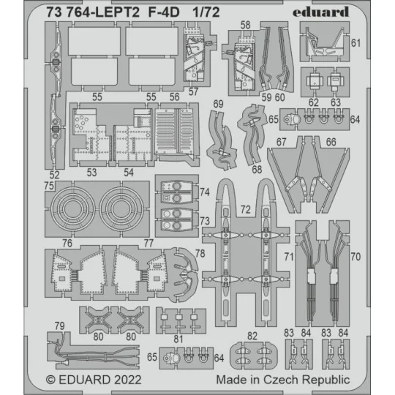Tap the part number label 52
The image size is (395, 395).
pyautogui.click(x=54, y=174)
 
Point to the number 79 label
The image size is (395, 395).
pyautogui.click(x=59, y=325)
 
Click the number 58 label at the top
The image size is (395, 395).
pyautogui.click(x=245, y=25)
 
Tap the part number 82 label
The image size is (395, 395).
pyautogui.click(x=252, y=335)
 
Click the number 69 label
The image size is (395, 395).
pyautogui.click(x=218, y=105)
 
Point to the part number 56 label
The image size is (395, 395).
pyautogui.click(x=175, y=96)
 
